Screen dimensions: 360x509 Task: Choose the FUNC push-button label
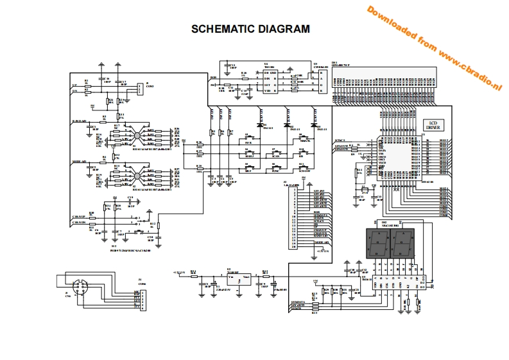click(x=276, y=171)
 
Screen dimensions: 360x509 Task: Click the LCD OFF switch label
click(x=306, y=171)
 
